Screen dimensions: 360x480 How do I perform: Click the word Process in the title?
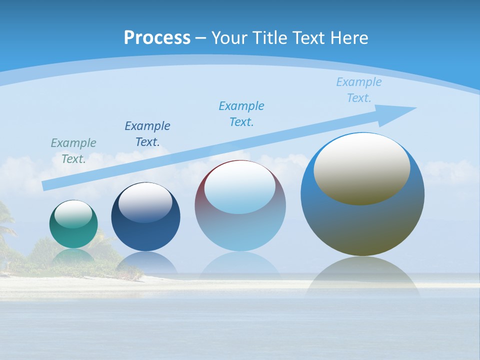click(x=157, y=38)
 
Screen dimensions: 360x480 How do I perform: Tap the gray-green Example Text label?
click(x=73, y=151)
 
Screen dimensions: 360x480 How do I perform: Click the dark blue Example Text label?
click(x=147, y=133)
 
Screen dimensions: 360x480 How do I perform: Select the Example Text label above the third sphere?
click(x=241, y=113)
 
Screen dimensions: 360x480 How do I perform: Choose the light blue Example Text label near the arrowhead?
click(x=358, y=90)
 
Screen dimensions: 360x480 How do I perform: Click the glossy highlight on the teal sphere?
click(x=73, y=214)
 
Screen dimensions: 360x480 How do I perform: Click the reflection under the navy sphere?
click(x=145, y=263)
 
